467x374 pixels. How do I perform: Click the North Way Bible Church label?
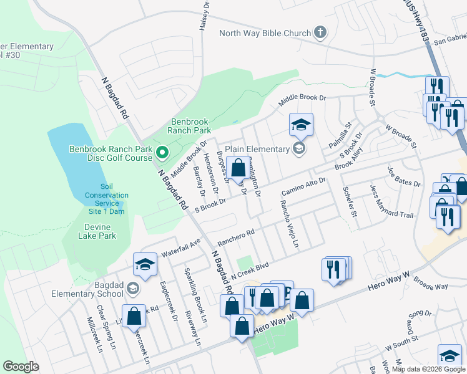click(x=265, y=33)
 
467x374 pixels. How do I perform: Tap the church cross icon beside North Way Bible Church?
click(x=320, y=32)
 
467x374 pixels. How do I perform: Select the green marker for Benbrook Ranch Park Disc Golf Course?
click(x=162, y=152)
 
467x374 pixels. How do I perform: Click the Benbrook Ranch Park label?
click(x=189, y=127)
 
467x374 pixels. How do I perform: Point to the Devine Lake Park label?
click(x=97, y=231)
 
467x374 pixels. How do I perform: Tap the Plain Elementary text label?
click(x=257, y=149)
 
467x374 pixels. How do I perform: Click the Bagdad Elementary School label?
click(x=97, y=289)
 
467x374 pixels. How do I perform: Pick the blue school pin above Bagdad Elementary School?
click(x=145, y=266)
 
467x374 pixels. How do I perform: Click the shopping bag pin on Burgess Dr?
click(x=238, y=168)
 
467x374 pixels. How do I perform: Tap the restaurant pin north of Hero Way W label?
click(x=336, y=269)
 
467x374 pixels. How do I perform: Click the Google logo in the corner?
click(x=21, y=367)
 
